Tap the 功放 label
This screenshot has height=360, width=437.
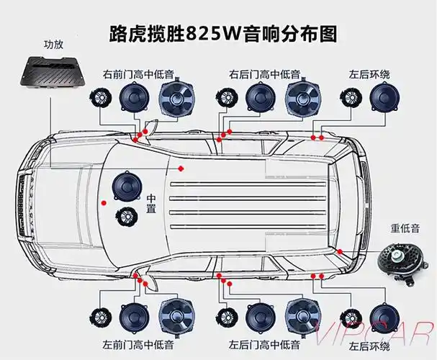click(55, 44)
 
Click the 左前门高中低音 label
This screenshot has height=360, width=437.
click(138, 345)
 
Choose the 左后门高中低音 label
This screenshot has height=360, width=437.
click(263, 345)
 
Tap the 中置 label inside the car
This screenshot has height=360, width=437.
click(152, 202)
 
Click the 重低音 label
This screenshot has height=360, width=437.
click(405, 229)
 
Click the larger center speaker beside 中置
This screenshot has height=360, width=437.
click(124, 186)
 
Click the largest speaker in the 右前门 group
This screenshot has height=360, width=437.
click(177, 99)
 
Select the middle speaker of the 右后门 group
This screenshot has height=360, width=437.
click(258, 98)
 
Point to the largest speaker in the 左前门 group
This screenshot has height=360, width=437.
click(176, 316)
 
